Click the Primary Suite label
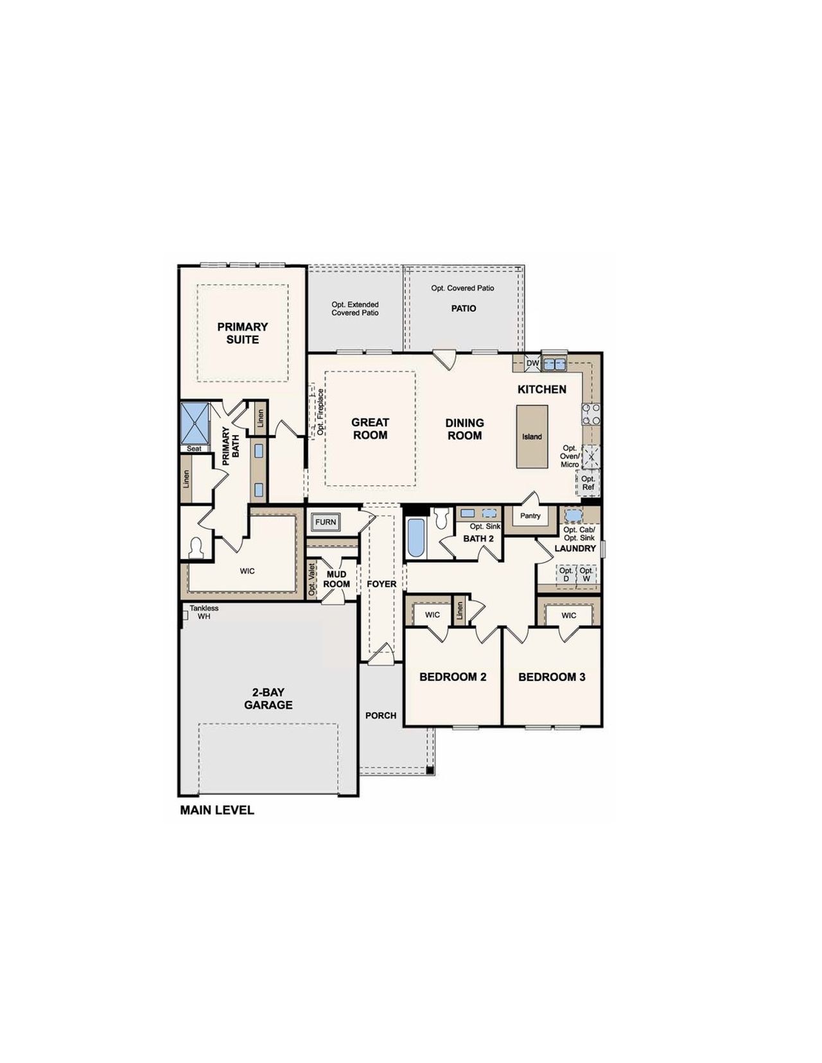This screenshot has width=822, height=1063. (242, 333)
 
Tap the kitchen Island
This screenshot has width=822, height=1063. (532, 436)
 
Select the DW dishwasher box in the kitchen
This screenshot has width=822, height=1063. (532, 363)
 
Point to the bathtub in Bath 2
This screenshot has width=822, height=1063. (415, 537)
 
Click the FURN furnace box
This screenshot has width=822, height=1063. (326, 522)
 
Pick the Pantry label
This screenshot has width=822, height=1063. (530, 515)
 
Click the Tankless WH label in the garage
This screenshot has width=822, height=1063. (204, 612)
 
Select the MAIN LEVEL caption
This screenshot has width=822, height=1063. (217, 810)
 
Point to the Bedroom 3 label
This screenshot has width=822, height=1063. (552, 677)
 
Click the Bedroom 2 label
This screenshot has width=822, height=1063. (453, 677)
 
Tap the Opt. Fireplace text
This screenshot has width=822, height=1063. (320, 412)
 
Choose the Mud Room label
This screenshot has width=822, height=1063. (337, 579)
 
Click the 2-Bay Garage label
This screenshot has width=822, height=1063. (268, 698)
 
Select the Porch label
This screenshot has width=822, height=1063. (381, 715)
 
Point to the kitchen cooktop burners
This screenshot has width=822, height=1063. (591, 414)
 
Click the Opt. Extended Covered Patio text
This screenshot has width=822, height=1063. (355, 309)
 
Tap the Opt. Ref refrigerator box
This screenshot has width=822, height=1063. (588, 483)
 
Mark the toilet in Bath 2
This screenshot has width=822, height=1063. (441, 518)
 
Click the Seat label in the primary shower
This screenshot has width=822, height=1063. (194, 449)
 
